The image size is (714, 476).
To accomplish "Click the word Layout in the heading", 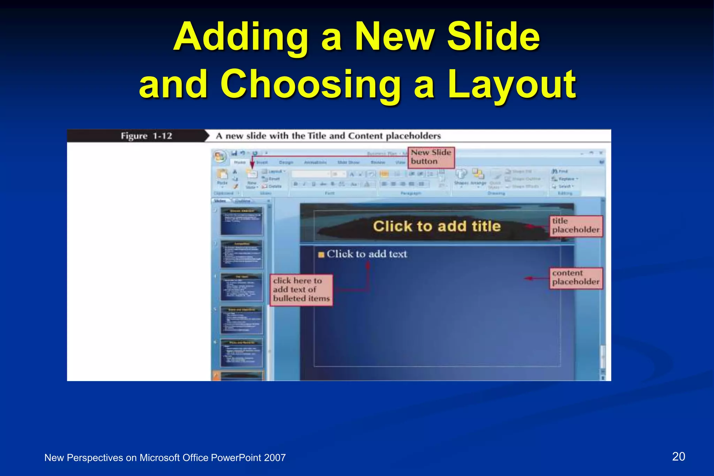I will coord(512,84).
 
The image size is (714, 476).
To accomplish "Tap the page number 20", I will coord(678,456).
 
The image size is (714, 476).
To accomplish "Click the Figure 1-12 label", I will coord(146,136).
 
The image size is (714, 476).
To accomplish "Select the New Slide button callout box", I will coord(431,157).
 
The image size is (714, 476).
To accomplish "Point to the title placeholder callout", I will coord(576,226).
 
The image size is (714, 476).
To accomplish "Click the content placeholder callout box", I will coord(576,278).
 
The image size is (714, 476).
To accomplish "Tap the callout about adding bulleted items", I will coord(301,289).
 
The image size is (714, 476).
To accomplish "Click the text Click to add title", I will coord(436,226).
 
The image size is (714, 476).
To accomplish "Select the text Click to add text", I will coord(367,254).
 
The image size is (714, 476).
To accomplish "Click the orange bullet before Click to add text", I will coord(321,255).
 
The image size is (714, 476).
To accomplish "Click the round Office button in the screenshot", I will coord(220,157).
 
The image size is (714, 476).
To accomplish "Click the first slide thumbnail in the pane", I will coord(242,221).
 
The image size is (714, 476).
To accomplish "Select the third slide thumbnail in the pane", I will coord(242,287).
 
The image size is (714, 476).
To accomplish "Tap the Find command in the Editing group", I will coord(561,171).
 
